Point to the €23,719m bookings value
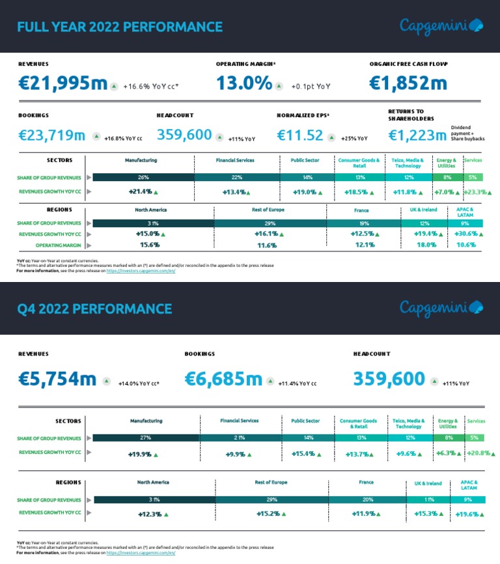[x=52, y=135]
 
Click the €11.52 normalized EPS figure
[x=300, y=135]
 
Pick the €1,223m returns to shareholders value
[x=417, y=135]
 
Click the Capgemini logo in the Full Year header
[x=441, y=26]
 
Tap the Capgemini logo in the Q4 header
[x=441, y=307]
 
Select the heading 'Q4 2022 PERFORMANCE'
[x=94, y=309]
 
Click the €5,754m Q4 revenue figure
[x=57, y=379]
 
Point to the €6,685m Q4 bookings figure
[x=223, y=379]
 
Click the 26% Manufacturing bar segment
[x=143, y=177]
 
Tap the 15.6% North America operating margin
[x=150, y=245]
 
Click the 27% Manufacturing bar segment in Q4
[x=146, y=438]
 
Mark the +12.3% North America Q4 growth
[x=150, y=514]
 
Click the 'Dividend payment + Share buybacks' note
[x=467, y=134]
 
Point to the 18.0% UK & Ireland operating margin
[x=426, y=245]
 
